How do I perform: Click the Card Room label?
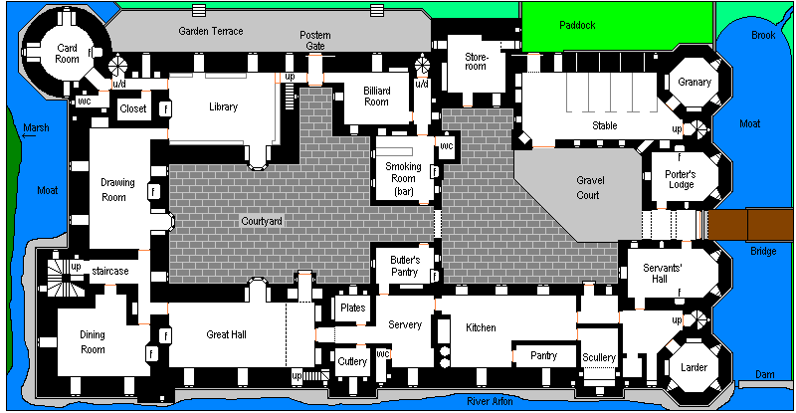pyautogui.click(x=67, y=53)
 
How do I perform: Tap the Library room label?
pyautogui.click(x=224, y=106)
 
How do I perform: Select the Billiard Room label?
pyautogui.click(x=376, y=96)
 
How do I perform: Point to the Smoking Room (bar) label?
pyautogui.click(x=403, y=178)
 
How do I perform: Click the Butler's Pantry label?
pyautogui.click(x=398, y=266)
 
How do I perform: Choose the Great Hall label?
pyautogui.click(x=226, y=334)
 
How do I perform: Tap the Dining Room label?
pyautogui.click(x=92, y=342)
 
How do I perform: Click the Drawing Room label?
pyautogui.click(x=117, y=189)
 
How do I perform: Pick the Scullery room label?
pyautogui.click(x=600, y=357)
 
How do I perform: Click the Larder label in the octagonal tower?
pyautogui.click(x=694, y=367)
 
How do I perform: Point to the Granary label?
pyautogui.click(x=695, y=82)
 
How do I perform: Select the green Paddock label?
pyautogui.click(x=577, y=25)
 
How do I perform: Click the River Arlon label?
pyautogui.click(x=490, y=401)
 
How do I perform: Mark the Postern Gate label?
pyautogui.click(x=314, y=41)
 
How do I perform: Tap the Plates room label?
pyautogui.click(x=352, y=308)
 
